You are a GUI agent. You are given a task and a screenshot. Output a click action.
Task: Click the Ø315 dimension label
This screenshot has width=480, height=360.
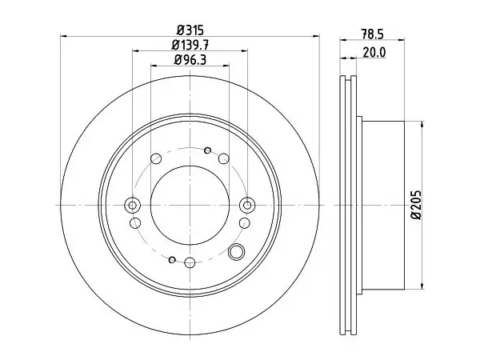pyautogui.click(x=190, y=30)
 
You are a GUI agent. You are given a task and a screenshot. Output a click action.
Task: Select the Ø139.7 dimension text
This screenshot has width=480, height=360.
pyautogui.click(x=190, y=46)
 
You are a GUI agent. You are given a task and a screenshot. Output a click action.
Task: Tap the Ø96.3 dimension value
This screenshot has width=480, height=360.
pyautogui.click(x=190, y=60)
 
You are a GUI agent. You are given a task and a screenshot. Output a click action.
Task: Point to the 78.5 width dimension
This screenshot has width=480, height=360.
pyautogui.click(x=372, y=34)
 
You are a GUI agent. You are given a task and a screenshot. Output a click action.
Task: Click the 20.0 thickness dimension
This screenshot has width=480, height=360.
pyautogui.click(x=374, y=52)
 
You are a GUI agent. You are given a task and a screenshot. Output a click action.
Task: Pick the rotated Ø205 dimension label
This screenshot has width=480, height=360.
pyautogui.click(x=416, y=205)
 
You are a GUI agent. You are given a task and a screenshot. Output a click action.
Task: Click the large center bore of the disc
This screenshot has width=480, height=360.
pyautogui.click(x=190, y=205)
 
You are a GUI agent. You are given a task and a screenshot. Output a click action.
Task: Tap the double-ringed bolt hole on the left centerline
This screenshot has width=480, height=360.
pyautogui.click(x=132, y=205)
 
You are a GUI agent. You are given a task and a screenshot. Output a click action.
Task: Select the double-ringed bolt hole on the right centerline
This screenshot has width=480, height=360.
pyautogui.click(x=247, y=205)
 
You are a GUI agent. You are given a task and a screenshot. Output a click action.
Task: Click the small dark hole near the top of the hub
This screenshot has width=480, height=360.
pyautogui.click(x=207, y=150)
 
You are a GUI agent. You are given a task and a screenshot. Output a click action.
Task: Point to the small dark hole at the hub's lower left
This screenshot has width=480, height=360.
pyautogui.click(x=172, y=260)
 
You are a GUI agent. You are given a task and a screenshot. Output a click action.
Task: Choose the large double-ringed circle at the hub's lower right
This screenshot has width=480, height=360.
pyautogui.click(x=236, y=252)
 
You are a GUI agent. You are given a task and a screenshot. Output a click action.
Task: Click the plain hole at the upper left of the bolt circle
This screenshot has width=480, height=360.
pyautogui.click(x=156, y=158)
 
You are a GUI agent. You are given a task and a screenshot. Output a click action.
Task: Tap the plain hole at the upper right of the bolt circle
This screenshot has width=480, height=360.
pyautogui.click(x=224, y=158)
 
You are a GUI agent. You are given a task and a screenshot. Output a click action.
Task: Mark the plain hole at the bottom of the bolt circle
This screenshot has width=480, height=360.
pyautogui.click(x=190, y=262)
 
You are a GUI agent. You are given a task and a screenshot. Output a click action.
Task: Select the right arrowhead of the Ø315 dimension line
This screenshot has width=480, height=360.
pyautogui.click(x=316, y=36)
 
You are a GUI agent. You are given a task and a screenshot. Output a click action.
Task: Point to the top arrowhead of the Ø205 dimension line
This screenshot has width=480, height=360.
pyautogui.click(x=422, y=124)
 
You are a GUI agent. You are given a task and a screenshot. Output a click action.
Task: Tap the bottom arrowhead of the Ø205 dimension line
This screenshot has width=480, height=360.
pyautogui.click(x=422, y=286)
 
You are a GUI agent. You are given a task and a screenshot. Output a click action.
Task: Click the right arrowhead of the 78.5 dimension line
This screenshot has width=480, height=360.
pyautogui.click(x=402, y=39)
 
